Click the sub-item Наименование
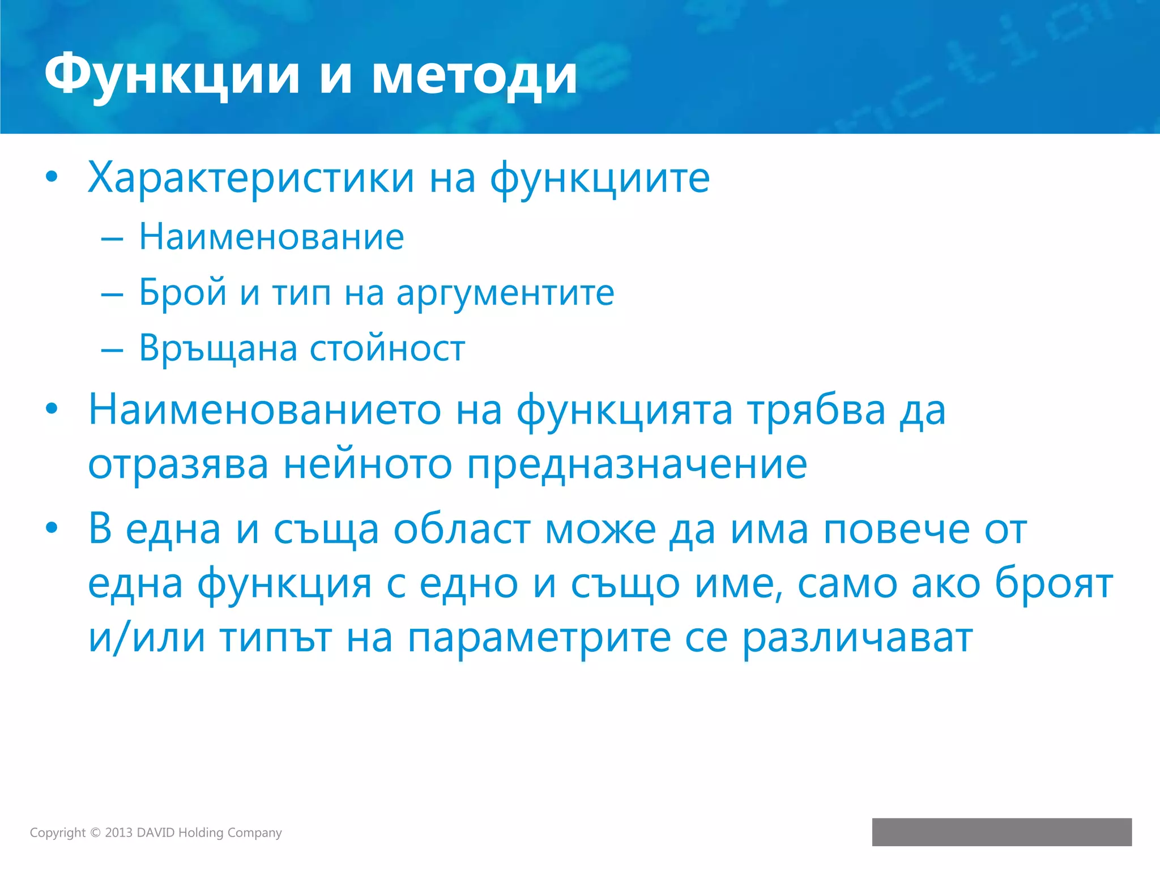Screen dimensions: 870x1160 (271, 236)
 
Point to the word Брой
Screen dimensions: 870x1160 (182, 293)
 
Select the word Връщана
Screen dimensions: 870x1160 (218, 348)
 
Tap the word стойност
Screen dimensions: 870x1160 (387, 348)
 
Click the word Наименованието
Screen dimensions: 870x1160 (265, 410)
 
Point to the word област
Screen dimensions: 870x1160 (462, 530)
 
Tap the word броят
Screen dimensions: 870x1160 (1054, 584)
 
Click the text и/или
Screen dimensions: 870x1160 (147, 638)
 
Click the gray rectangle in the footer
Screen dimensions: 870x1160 (1001, 831)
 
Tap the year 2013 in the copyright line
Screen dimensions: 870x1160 (118, 833)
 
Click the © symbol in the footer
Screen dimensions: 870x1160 (95, 833)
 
